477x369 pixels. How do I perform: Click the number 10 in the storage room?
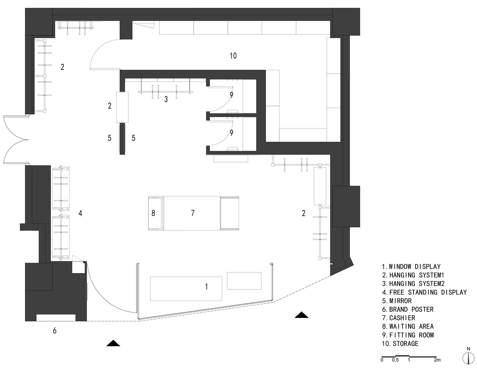click(233, 56)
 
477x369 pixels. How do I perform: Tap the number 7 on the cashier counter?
click(193, 213)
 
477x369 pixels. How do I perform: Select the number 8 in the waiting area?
click(153, 213)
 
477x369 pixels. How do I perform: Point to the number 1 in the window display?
click(207, 287)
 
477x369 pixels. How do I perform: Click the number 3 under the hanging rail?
click(166, 99)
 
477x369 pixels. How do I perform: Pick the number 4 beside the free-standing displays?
click(80, 213)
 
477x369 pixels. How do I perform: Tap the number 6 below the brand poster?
click(55, 330)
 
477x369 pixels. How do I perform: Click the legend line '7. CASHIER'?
click(398, 318)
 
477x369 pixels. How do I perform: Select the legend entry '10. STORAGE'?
click(400, 343)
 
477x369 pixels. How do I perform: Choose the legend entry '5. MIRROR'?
click(397, 301)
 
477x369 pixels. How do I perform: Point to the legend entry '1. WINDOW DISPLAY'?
click(411, 266)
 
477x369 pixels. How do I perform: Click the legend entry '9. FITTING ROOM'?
click(408, 335)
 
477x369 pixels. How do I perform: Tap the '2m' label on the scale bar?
click(437, 360)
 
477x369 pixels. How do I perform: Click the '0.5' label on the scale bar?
click(395, 360)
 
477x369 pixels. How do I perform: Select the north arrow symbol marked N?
click(468, 357)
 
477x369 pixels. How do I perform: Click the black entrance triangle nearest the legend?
click(301, 315)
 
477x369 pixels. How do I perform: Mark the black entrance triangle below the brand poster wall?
click(113, 343)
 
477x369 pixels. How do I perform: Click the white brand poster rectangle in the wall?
click(56, 318)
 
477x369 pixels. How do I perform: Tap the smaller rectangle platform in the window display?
click(244, 281)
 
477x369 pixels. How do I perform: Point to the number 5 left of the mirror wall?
click(110, 138)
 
